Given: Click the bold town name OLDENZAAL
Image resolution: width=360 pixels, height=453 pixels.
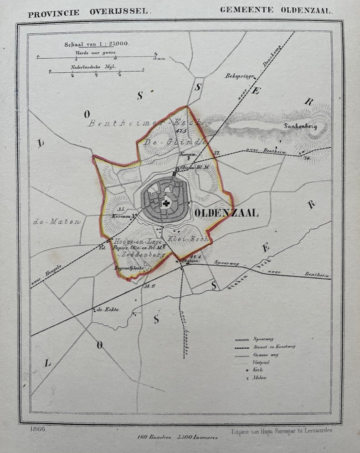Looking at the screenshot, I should point(226,213).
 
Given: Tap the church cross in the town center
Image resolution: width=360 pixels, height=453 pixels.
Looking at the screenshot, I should point(166,203).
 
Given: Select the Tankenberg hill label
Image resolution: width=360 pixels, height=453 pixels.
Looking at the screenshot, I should point(300,126).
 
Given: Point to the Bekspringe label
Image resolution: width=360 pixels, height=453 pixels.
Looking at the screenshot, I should point(239,76).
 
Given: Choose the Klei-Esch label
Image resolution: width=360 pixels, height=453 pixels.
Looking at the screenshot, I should point(188,239).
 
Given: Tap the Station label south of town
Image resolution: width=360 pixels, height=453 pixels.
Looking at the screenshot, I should point(187,261).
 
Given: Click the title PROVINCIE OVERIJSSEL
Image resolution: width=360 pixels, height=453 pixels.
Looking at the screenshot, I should point(88,13).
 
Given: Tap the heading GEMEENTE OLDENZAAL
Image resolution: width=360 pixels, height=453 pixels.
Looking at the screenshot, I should point(276,10).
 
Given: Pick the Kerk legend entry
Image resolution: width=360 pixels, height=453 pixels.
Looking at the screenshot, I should point(258,370).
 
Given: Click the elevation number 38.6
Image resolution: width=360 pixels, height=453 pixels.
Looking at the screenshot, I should point(149,286).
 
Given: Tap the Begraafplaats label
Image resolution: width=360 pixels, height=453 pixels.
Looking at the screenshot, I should point(129,268).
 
